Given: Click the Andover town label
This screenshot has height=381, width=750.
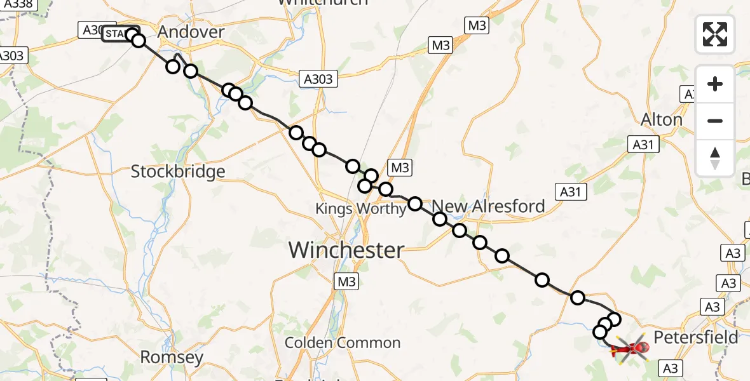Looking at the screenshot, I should point(191,32).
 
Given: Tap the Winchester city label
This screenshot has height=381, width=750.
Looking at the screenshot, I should point(346,250).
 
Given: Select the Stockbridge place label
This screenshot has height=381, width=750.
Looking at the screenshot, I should point(178,171).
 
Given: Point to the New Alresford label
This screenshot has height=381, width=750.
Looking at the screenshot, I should point(489,206).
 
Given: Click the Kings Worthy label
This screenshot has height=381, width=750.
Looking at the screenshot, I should point(360,209).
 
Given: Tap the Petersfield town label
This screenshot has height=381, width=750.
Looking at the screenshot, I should point(696,337).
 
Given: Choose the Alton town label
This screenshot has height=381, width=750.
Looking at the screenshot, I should point(662,119).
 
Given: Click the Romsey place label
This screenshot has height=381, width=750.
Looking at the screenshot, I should point(172,357).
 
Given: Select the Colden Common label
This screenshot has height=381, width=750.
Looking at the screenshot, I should point(343,343).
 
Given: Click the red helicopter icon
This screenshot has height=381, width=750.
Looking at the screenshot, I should point(630,348).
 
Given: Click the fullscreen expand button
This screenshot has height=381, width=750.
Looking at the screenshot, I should point(715,34).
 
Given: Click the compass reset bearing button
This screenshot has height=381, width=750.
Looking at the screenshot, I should point(715,158).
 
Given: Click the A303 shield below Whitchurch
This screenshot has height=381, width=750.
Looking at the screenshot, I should point(318,79).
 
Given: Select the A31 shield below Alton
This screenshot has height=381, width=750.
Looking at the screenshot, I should point(643,145).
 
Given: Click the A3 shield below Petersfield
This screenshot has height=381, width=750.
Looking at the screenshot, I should point(671,368).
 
